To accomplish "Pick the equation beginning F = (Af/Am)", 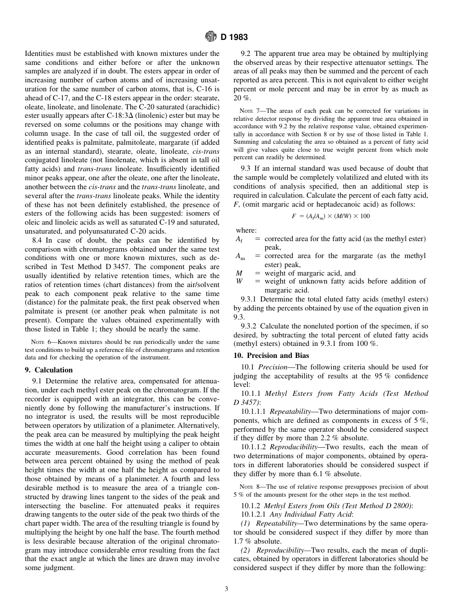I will pos(331,216).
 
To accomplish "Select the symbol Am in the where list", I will pos(240,256).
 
